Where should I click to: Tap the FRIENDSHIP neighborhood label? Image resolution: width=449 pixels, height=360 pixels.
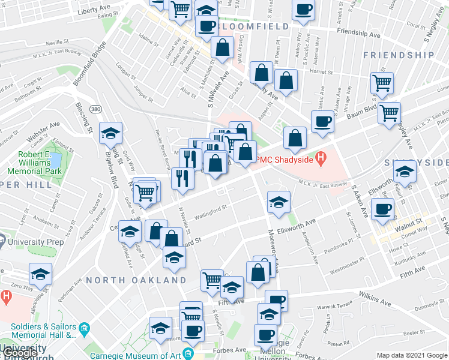[399, 55]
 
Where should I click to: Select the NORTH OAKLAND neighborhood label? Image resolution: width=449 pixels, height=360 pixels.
[136, 280]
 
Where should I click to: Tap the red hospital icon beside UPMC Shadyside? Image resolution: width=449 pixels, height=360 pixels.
[322, 159]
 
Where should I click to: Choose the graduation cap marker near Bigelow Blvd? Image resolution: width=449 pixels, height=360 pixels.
[110, 133]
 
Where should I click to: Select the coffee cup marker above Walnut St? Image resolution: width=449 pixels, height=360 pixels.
[383, 209]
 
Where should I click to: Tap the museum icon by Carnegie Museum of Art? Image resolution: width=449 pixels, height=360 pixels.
[189, 353]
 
